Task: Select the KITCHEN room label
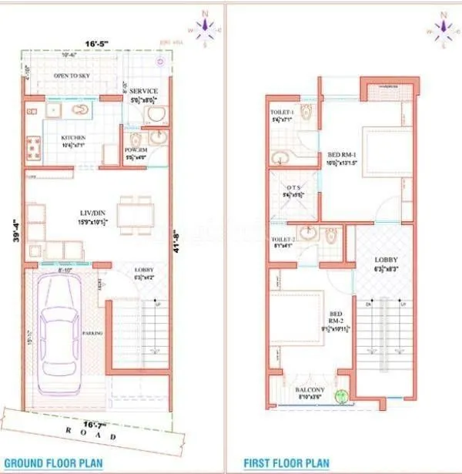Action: click(74, 138)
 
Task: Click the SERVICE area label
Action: click(143, 91)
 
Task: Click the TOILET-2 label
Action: click(283, 240)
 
